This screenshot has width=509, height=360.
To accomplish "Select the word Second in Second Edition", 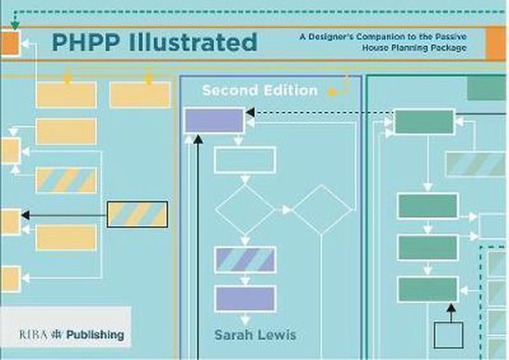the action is coord(231,91).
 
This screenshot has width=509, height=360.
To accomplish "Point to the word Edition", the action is coord(291,91).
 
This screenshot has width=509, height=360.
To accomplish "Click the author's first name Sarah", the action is coord(234,333).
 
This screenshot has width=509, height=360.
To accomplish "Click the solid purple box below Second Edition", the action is coord(213,119).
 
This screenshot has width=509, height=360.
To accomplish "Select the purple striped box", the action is coord(244,259).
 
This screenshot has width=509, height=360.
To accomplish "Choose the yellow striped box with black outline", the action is coord(137,215).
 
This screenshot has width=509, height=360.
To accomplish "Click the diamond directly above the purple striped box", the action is coord(244,210).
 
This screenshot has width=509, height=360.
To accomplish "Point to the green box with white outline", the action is coord(425,121).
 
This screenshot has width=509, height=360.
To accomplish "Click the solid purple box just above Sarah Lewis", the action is coord(244,299).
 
